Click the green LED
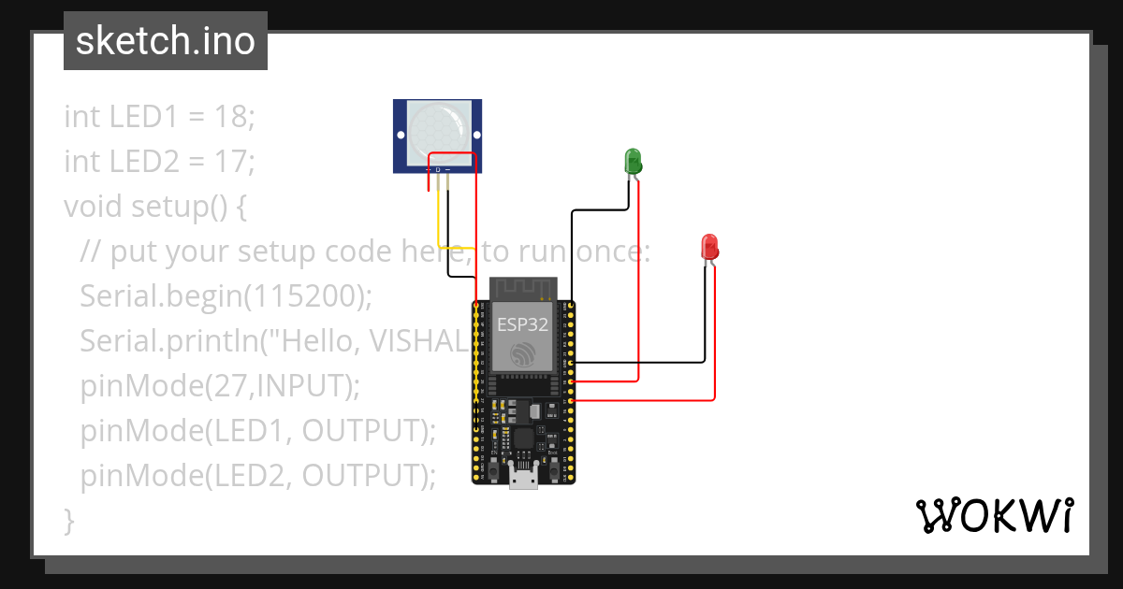tap(633, 160)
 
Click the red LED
tap(709, 248)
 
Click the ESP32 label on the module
tap(522, 324)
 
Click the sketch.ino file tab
tap(166, 41)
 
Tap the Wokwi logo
tap(994, 515)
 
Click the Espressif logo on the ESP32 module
tap(522, 354)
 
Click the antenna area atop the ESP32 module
tap(523, 287)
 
